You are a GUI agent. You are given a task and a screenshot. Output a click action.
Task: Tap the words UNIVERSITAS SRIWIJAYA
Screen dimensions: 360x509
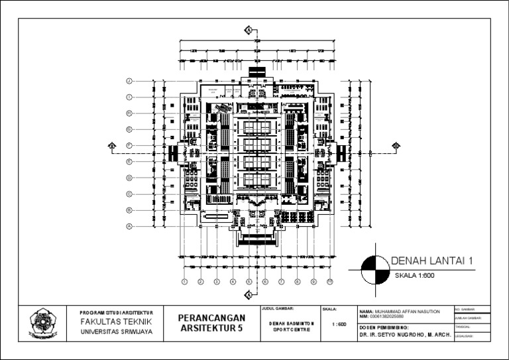coord(116,331)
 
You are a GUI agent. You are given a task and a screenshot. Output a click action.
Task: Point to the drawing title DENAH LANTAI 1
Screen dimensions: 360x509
coord(431,261)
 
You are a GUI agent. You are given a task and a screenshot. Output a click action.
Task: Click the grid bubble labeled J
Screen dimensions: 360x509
coord(131,81)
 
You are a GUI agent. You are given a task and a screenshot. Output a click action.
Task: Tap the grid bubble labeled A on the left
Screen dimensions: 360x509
coord(131,226)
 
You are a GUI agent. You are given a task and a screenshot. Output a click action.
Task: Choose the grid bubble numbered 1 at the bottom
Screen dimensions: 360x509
coord(184,282)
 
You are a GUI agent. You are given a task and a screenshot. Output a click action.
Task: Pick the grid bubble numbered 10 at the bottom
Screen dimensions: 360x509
coord(329,282)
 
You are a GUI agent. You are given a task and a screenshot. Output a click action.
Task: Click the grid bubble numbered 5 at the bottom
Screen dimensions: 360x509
coord(249,282)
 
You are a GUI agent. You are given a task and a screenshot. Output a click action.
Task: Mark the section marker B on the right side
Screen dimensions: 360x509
coord(396,146)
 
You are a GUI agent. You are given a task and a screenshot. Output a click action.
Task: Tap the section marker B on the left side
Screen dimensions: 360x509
coord(112,146)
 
